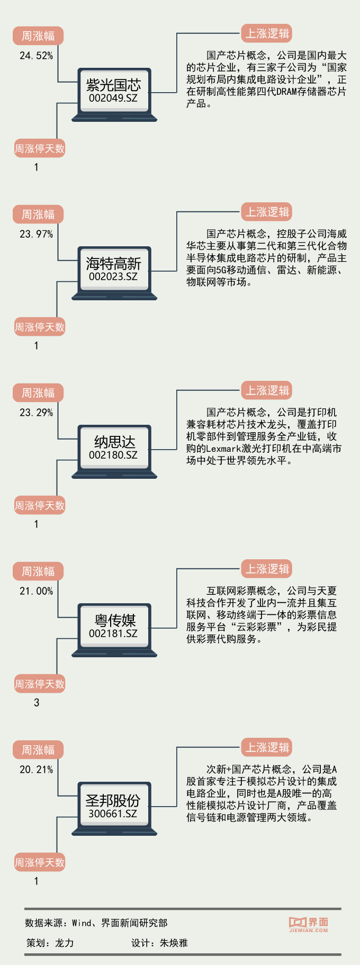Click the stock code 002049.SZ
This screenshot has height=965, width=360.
click(113, 98)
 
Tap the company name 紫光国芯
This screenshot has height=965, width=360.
click(113, 85)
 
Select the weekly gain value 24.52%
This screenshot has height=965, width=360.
click(36, 56)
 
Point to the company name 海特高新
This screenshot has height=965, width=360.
click(113, 263)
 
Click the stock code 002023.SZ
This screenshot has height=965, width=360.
click(113, 276)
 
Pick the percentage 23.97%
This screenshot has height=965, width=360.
click(36, 234)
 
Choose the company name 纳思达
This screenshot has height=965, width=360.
click(114, 442)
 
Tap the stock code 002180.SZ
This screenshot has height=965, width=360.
click(113, 455)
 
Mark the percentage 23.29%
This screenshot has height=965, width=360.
click(36, 413)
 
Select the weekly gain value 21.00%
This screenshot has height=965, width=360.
click(36, 591)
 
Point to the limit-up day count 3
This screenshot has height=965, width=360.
click(37, 703)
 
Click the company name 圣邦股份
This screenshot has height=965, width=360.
click(113, 800)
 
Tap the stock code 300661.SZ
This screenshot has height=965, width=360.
click(113, 814)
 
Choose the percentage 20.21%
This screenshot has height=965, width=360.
click(36, 770)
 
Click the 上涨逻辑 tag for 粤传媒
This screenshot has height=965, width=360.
click(267, 569)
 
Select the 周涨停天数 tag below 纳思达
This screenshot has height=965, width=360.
click(39, 506)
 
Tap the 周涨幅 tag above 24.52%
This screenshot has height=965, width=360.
click(38, 36)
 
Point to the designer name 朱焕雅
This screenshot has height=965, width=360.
click(174, 943)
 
